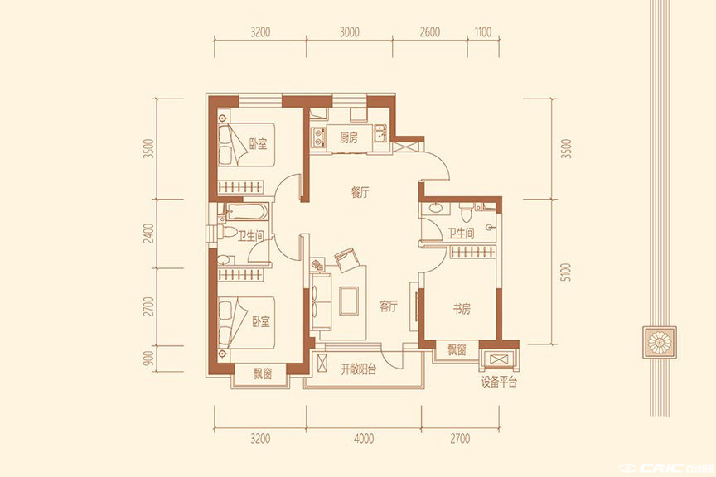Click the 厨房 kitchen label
[x=348, y=137]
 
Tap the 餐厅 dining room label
[x=360, y=193]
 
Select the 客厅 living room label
[x=388, y=306]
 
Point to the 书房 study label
[x=462, y=309]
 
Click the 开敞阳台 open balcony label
[x=359, y=369]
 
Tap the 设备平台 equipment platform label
[x=499, y=382]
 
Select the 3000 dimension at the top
[x=350, y=32]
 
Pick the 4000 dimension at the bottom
[x=364, y=439]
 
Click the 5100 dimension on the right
[x=566, y=272]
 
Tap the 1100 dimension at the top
[x=482, y=32]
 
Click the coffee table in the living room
[x=349, y=301]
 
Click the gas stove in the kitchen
[x=318, y=137]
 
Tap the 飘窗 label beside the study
[x=457, y=350]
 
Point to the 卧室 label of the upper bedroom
[x=258, y=144]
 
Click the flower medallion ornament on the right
[x=659, y=341]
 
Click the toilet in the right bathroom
[x=467, y=213]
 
